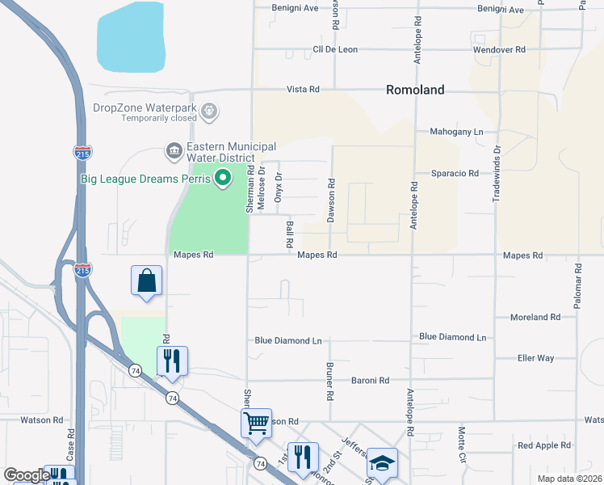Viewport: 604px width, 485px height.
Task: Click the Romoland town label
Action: point(415,90)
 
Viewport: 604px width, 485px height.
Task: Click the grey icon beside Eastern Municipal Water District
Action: point(173,150)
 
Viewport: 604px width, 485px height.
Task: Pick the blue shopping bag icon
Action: point(147,281)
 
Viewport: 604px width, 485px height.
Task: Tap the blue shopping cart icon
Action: point(256,423)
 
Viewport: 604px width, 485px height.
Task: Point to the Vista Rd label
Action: point(303,90)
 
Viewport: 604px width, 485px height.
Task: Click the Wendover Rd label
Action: point(499,49)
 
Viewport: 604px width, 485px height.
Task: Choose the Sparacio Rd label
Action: point(455,173)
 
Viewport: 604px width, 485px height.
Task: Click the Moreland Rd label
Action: point(535,318)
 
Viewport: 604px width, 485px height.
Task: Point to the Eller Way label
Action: point(535,357)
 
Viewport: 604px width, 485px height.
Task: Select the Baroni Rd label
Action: point(370,380)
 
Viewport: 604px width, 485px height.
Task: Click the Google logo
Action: point(27,475)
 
